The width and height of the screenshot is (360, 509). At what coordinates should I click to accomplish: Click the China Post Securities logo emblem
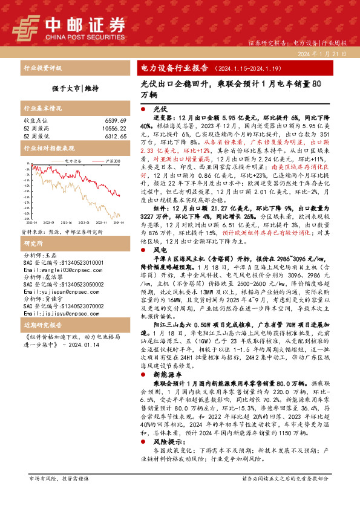(x=26, y=27)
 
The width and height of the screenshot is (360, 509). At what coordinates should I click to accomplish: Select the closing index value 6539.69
(x=115, y=121)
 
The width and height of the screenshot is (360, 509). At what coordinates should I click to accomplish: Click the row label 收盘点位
(x=34, y=121)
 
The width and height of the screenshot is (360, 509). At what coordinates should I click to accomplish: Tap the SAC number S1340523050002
(x=61, y=284)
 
